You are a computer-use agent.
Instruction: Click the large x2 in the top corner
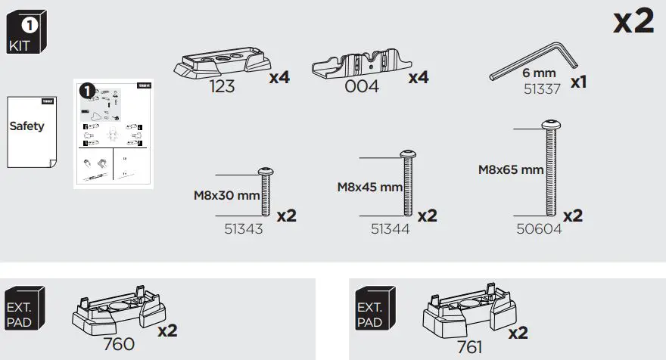point(633,22)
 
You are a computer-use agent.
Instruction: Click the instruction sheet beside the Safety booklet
point(113,133)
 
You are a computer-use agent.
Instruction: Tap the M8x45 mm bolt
point(407,184)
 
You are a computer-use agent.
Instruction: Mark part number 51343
point(243,228)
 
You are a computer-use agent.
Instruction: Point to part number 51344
point(390,228)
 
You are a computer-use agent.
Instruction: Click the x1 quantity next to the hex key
point(578,82)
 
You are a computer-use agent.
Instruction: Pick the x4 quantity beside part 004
point(419,77)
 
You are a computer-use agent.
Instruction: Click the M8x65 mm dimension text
point(511,170)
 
